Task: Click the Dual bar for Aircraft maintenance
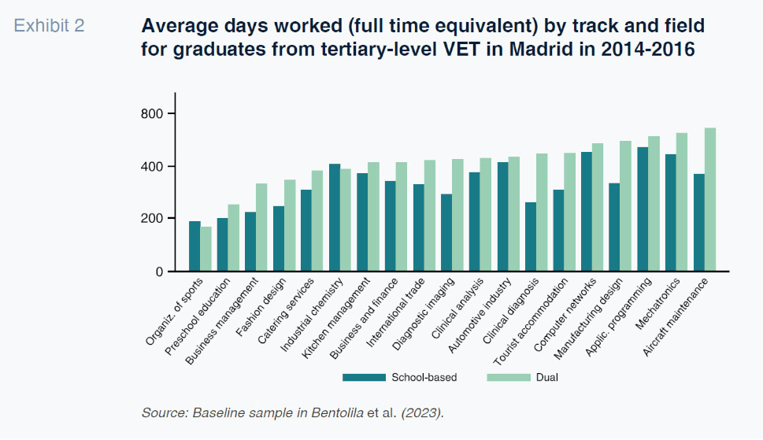coord(710,200)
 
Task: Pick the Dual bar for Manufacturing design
coord(626,206)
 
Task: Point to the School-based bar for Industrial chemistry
coord(335,218)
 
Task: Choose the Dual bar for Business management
coord(261,227)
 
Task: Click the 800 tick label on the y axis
coord(152,114)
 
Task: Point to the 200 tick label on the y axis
coord(152,219)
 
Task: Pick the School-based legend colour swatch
coord(364,377)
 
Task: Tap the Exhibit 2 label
coord(49,25)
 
